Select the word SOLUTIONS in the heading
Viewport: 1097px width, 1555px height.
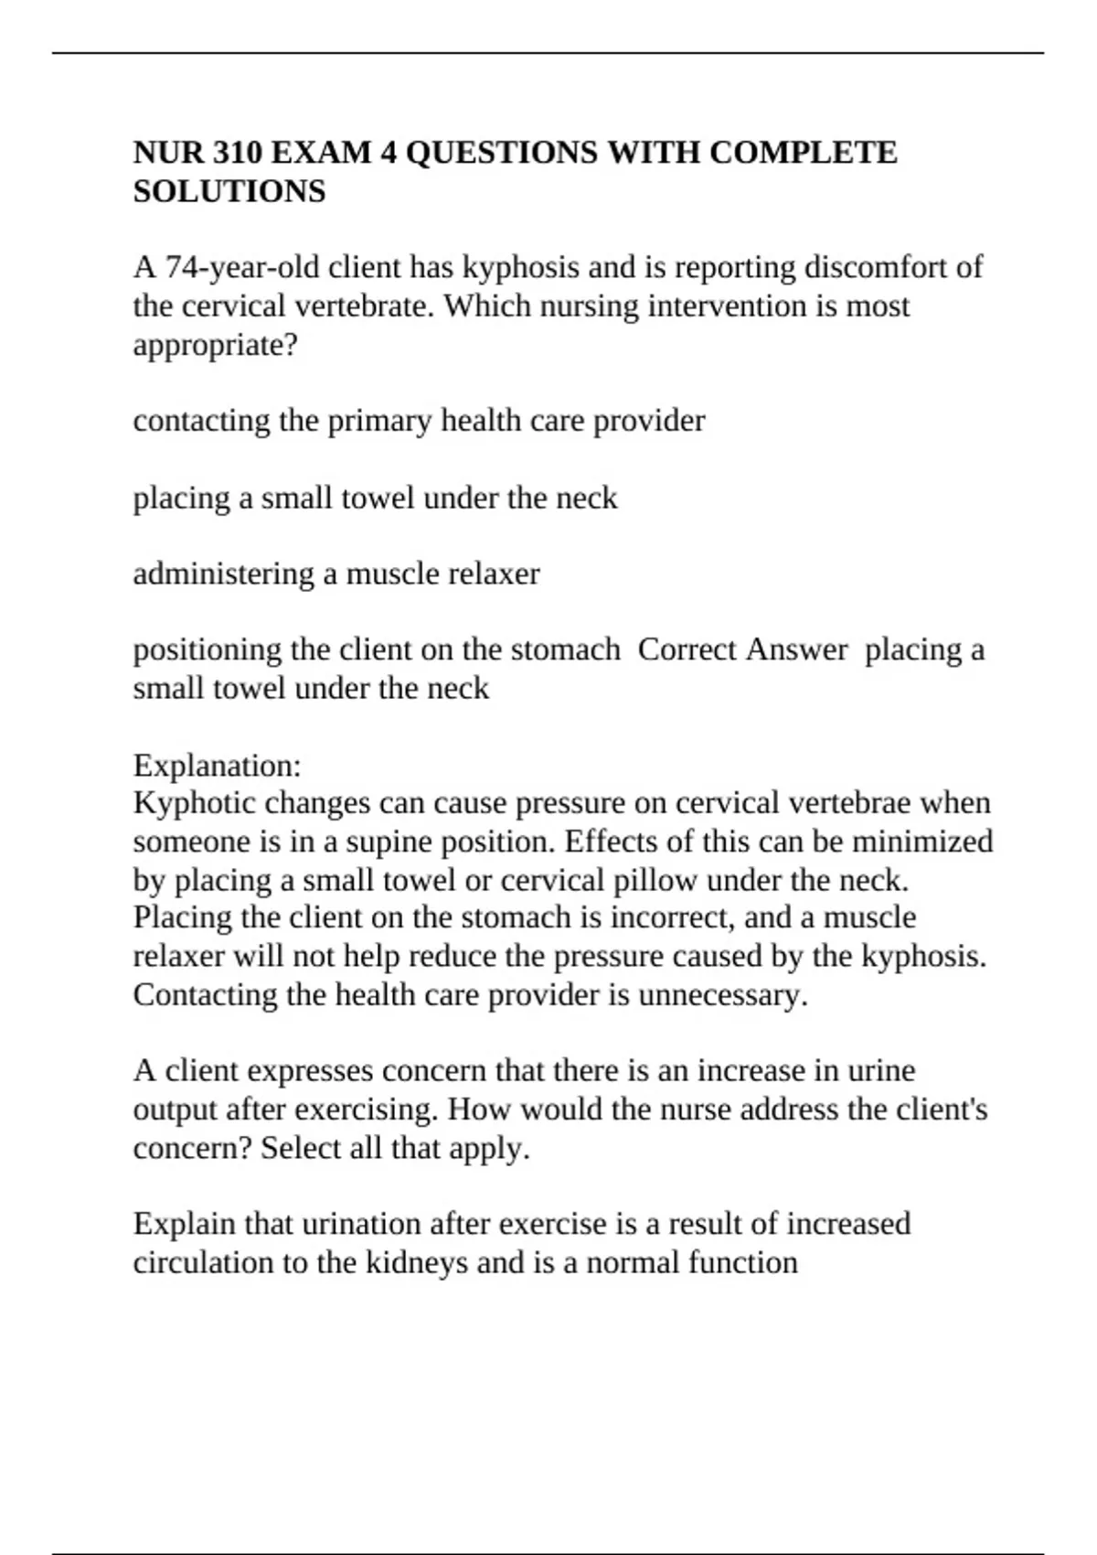click(229, 191)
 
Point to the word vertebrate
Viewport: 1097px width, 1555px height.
click(364, 306)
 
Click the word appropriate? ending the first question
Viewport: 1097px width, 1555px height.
click(216, 345)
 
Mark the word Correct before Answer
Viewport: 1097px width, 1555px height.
click(687, 649)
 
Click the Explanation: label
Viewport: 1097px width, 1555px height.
click(217, 764)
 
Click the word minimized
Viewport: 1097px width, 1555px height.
click(926, 842)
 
